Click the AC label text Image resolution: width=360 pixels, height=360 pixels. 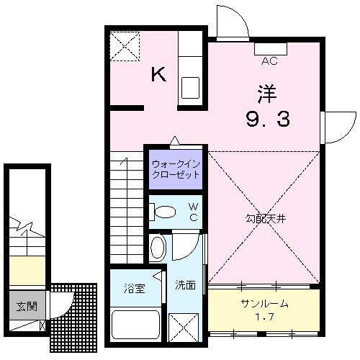tap(270, 60)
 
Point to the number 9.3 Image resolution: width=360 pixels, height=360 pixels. tap(269, 120)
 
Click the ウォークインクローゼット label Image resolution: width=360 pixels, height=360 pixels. tap(176, 171)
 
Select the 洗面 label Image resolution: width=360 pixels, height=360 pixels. tap(186, 284)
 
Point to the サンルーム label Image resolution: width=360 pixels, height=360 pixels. tap(264, 303)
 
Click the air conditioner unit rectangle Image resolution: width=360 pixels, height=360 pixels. tap(270, 49)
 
